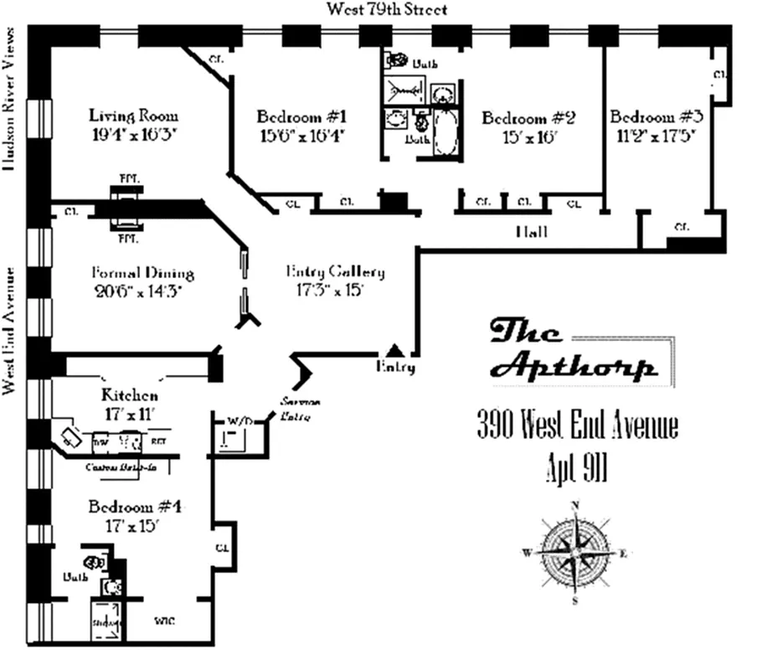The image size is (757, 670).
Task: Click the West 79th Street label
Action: coord(386,10)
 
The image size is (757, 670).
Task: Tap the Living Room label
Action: coord(134,116)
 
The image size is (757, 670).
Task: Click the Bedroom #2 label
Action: coord(528,118)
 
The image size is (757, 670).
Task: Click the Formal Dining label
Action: coord(142,273)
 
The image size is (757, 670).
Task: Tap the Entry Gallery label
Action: coord(335,271)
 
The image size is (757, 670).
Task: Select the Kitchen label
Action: coord(130,394)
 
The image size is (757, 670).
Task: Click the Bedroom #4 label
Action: coord(135,508)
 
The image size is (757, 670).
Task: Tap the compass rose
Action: coord(575,553)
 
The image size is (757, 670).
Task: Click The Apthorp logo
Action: coord(574,350)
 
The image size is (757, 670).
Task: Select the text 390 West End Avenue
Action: coord(577,426)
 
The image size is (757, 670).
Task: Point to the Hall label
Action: coord(531,232)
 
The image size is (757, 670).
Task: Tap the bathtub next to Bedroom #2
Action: coord(446,132)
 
